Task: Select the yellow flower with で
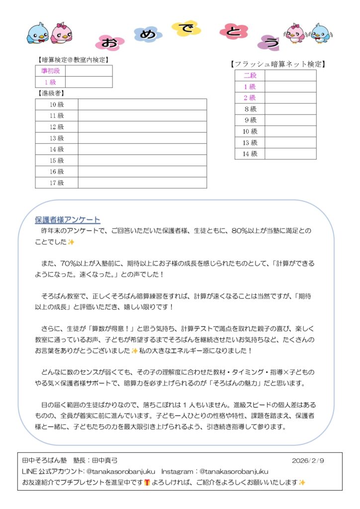[x=186, y=28]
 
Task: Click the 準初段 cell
[x=50, y=71]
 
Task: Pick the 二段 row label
[x=250, y=76]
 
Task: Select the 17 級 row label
[x=57, y=183]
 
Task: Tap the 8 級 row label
[x=250, y=109]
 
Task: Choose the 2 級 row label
[x=250, y=98]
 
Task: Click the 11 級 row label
[x=57, y=116]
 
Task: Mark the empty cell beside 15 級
[x=142, y=161]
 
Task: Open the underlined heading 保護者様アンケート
[x=68, y=220]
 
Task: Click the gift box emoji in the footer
[x=147, y=482]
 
